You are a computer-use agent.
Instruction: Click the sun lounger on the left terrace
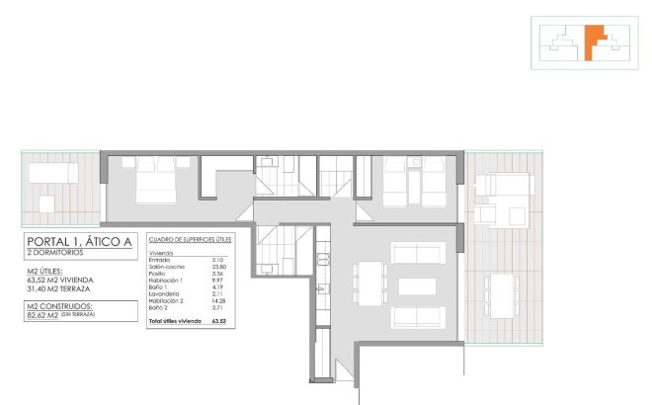point(52,173)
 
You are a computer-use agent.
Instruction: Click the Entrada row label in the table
point(159,260)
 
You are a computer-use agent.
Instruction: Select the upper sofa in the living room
point(418,252)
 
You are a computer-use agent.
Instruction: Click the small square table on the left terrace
point(46,204)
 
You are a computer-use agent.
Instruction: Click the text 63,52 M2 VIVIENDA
point(61,281)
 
